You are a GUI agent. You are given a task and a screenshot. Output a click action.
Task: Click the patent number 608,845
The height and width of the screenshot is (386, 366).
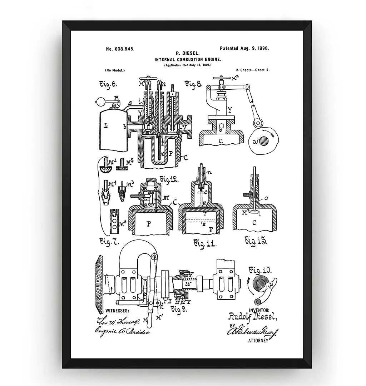point(120,49)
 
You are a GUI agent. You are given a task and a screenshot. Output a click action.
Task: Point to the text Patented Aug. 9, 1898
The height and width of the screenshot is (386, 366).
point(244,48)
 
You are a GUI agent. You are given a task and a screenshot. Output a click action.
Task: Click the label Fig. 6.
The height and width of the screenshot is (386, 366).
point(108,84)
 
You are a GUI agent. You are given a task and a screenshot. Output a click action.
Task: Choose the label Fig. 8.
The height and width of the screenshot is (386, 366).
point(193,84)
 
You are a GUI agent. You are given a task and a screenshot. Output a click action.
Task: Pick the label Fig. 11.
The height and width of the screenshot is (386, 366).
point(205,244)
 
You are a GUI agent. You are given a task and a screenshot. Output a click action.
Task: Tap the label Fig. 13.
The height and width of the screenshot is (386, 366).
point(256,241)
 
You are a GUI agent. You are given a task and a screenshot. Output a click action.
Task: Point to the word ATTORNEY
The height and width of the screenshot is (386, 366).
point(258,341)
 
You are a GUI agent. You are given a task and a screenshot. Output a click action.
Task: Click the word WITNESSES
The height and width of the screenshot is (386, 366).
point(118,311)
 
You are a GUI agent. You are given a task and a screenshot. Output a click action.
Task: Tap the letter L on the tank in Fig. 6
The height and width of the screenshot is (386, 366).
point(106,126)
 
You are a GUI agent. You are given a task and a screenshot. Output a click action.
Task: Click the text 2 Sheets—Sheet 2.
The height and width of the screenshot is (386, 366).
point(253,70)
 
